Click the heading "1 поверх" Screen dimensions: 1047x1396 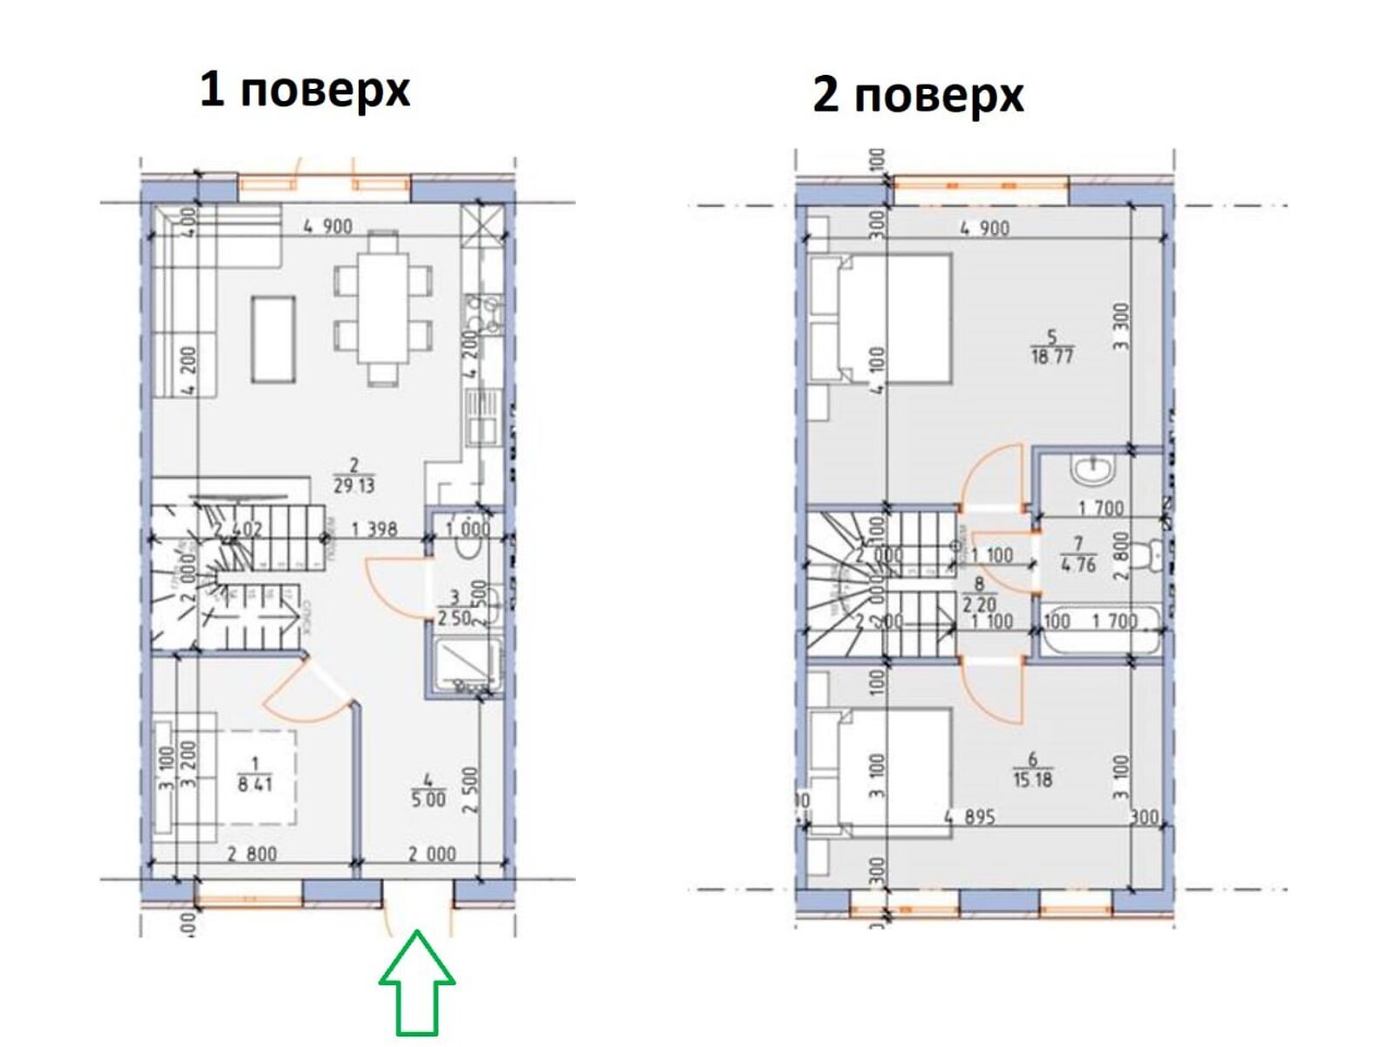[x=305, y=90]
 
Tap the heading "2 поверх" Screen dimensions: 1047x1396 [x=918, y=94]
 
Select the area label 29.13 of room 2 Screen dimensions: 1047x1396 [x=353, y=485]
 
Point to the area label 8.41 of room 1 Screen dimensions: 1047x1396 [x=254, y=784]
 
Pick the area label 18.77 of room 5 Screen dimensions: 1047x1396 [x=1051, y=355]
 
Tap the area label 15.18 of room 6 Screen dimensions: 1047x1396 [x=1032, y=778]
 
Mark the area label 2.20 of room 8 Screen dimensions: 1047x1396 [x=980, y=604]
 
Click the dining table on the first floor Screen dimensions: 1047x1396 [x=383, y=307]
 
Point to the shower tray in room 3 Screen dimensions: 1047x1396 [x=464, y=666]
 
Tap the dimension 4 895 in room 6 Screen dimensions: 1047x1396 [x=969, y=818]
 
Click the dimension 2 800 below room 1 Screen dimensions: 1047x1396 [x=252, y=854]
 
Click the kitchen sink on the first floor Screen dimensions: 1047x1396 [x=482, y=420]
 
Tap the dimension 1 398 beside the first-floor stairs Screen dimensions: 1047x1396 [x=374, y=529]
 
